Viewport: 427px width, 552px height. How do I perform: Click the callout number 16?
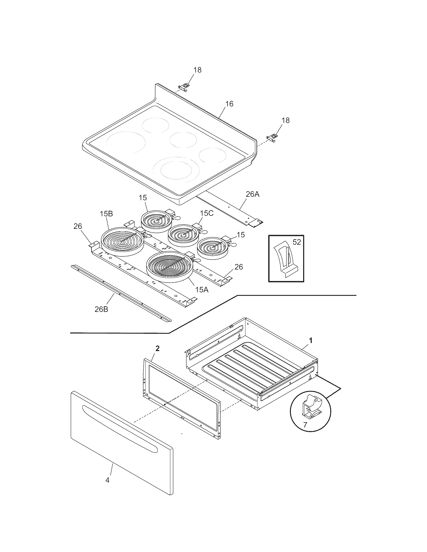[229, 104]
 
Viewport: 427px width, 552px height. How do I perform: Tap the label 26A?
[252, 194]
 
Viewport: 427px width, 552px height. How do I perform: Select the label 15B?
[106, 214]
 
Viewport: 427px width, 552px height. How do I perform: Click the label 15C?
[207, 213]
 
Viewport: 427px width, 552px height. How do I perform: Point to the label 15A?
[201, 290]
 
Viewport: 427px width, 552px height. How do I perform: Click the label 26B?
[101, 309]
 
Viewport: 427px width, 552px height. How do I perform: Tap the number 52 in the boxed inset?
[297, 242]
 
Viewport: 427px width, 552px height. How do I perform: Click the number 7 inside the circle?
[305, 425]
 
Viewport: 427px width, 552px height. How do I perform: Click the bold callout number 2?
[157, 349]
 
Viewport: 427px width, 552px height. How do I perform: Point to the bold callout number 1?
[311, 341]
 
